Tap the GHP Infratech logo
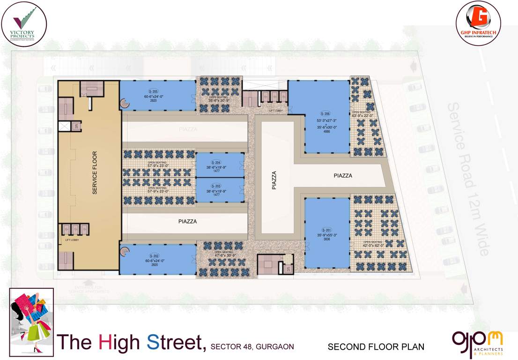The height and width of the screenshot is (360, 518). coord(478,22)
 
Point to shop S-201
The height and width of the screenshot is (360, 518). coord(327,233)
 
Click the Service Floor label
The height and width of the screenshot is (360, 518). coord(95,172)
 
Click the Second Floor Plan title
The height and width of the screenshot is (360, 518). coord(376,347)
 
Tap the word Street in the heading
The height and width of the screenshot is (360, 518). coord(176,343)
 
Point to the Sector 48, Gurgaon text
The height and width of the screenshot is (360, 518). coord(252,347)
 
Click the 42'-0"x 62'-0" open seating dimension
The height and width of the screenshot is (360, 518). coord(373,245)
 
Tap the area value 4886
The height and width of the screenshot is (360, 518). coord(326,132)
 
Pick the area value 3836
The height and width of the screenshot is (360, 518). coord(326,240)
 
